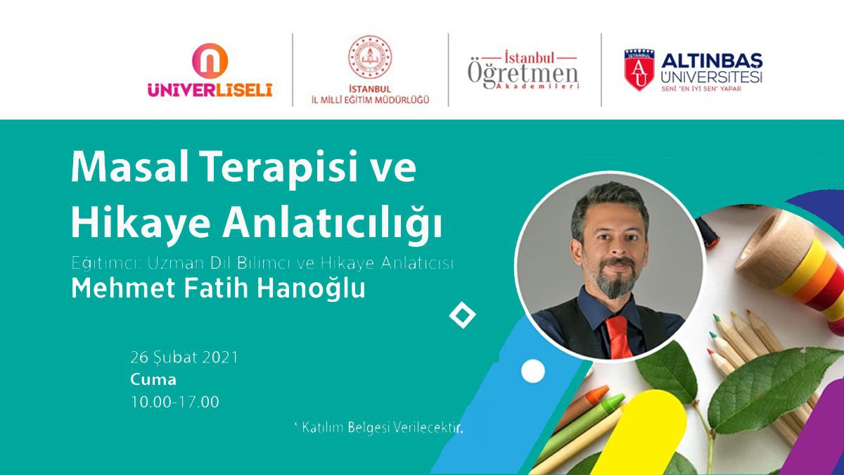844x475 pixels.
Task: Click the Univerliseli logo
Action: [210, 71]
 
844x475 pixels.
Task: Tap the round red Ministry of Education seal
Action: [370, 57]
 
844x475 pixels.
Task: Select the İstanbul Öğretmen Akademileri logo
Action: [523, 71]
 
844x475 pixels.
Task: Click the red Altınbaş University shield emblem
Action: [639, 70]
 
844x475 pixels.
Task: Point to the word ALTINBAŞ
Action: [712, 61]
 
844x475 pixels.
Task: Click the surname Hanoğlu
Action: [311, 288]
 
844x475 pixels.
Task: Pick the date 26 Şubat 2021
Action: [184, 357]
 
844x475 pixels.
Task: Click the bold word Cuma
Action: [153, 379]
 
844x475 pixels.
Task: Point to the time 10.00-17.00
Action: [175, 402]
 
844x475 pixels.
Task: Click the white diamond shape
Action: [463, 315]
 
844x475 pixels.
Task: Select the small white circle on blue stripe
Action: [533, 371]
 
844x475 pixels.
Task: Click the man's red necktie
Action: [618, 337]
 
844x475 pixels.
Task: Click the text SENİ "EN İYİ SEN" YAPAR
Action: [701, 89]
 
